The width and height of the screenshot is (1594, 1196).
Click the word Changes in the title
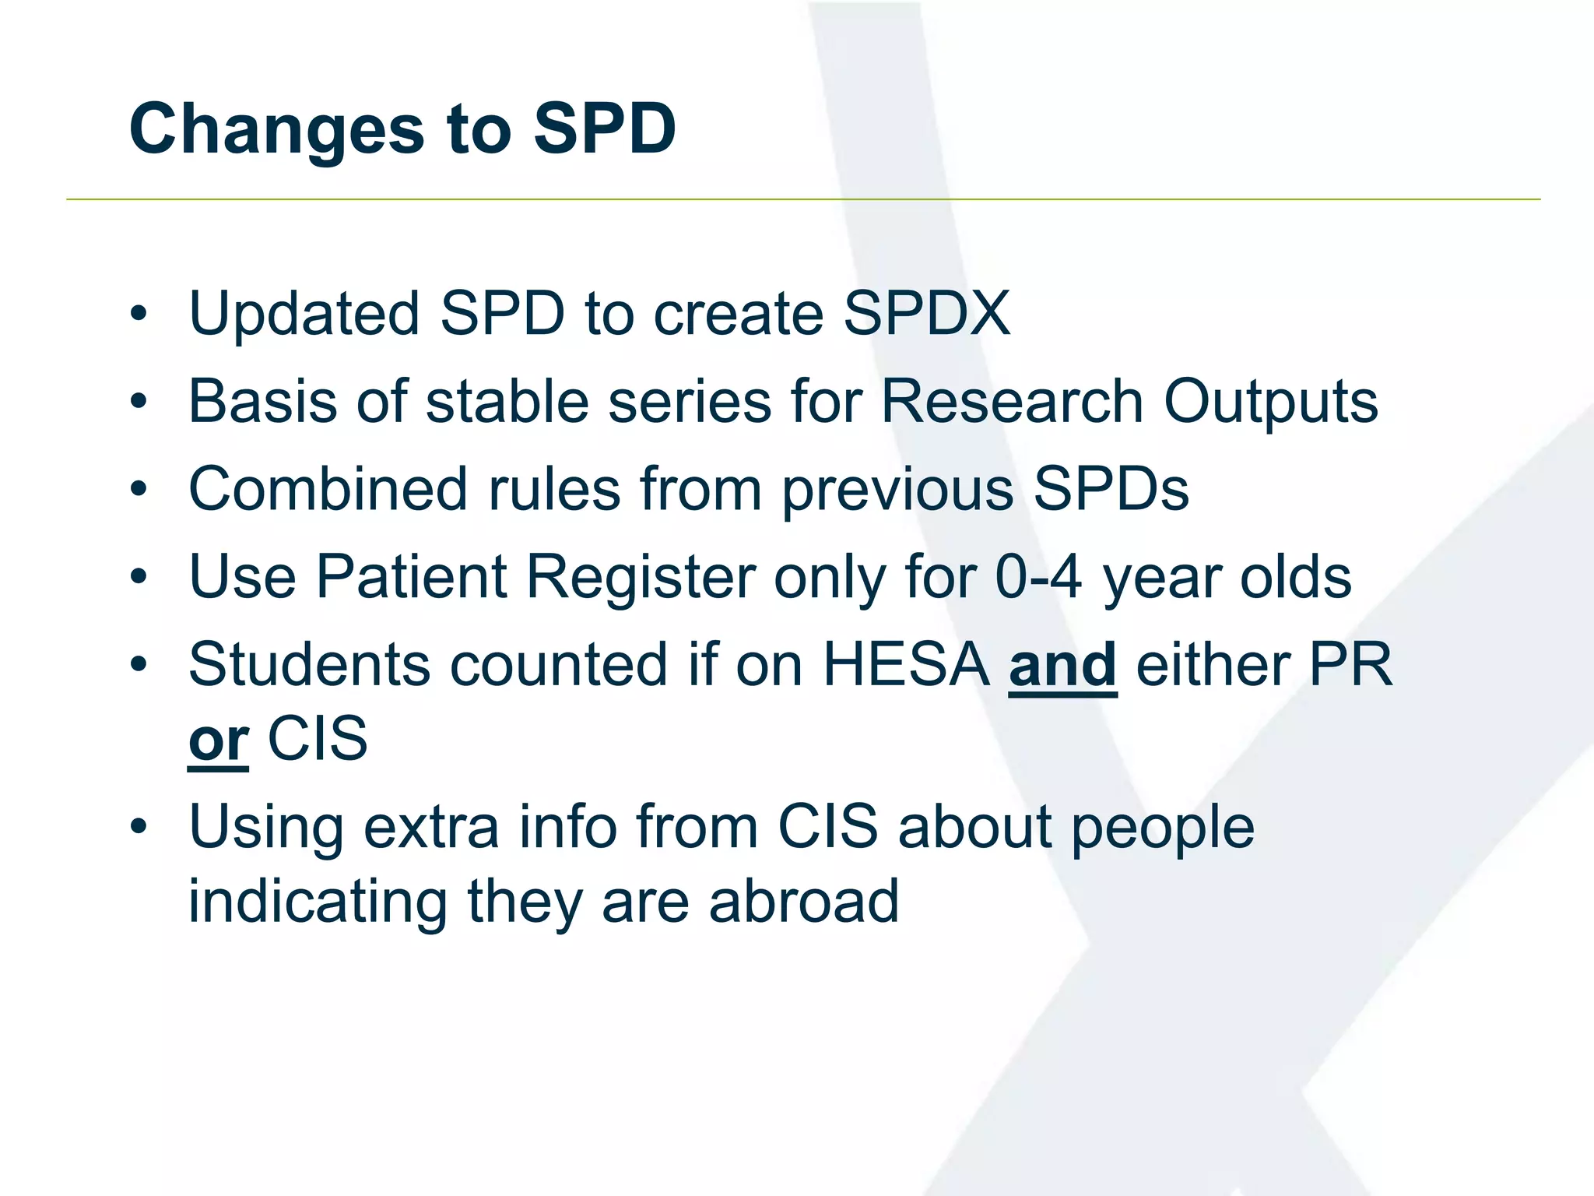click(276, 129)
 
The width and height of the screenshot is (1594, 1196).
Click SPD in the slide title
click(605, 129)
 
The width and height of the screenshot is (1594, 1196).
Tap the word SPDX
click(927, 314)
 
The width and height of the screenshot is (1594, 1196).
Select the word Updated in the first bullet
click(304, 314)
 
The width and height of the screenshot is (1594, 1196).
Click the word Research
click(1012, 402)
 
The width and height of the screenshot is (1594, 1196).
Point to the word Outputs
click(1270, 402)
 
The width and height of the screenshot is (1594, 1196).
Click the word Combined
click(328, 490)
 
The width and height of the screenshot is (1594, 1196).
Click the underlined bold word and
click(1062, 666)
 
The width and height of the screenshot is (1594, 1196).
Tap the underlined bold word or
click(218, 740)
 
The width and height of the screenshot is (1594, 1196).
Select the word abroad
click(803, 902)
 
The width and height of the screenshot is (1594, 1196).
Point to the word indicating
click(318, 902)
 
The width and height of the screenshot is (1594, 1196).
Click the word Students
click(309, 666)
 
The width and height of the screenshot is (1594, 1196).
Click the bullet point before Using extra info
click(139, 828)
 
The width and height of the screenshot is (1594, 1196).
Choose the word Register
click(641, 578)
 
